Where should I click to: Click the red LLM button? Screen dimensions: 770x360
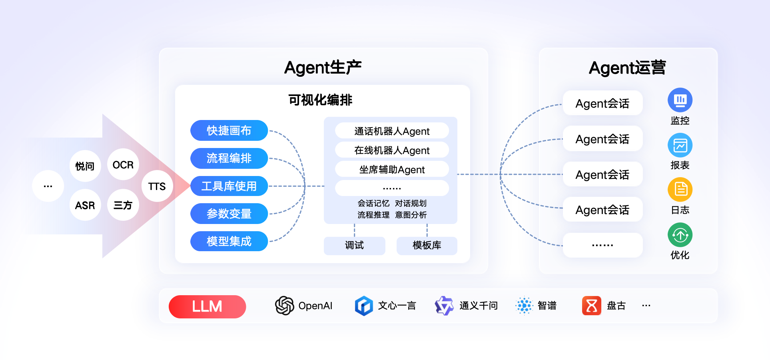207,306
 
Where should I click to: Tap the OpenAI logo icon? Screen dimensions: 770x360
284,306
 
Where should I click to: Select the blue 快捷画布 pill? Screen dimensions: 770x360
229,130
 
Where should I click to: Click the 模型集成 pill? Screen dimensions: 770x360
229,241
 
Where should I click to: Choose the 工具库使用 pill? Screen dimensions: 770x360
229,186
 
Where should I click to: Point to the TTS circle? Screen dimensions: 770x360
157,186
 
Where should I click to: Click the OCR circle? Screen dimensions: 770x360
123,164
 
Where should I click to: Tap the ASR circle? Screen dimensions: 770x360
85,205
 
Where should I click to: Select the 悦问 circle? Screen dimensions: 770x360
85,166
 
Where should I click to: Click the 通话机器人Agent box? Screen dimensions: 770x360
392,131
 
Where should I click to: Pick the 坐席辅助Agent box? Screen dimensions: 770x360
392,169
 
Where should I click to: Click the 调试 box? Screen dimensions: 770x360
355,245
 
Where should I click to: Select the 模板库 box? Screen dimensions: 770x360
427,245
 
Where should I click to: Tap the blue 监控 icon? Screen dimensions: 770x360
680,100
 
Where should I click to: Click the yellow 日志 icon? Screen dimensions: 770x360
680,190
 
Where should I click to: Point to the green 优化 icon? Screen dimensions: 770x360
680,235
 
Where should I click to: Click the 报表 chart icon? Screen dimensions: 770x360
680,145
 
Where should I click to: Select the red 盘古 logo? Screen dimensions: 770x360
592,306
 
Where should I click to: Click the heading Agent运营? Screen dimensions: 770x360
627,68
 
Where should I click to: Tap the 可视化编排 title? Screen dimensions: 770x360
320,100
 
